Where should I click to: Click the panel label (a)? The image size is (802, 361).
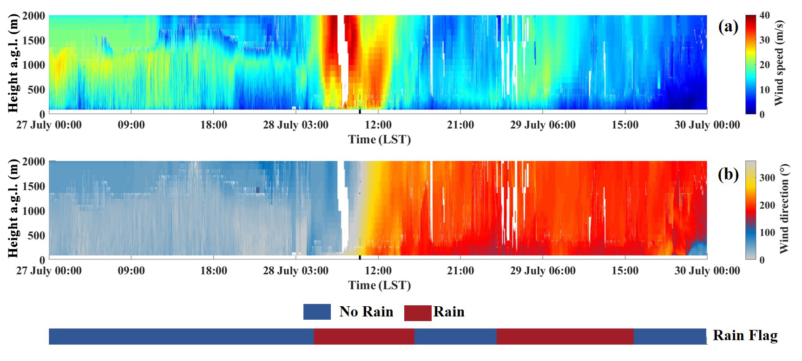[728, 26]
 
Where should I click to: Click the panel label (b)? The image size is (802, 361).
[728, 174]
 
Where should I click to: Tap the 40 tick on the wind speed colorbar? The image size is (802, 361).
[764, 15]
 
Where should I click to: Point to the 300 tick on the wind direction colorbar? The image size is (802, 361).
[767, 178]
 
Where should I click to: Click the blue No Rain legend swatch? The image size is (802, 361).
[317, 312]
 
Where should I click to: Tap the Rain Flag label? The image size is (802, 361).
[745, 335]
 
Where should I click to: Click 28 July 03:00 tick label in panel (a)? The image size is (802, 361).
[296, 125]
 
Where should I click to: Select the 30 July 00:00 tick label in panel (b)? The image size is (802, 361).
[707, 271]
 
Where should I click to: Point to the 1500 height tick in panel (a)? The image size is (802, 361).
[34, 40]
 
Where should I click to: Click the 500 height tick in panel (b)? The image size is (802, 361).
[37, 235]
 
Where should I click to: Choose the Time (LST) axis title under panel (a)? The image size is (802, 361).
[380, 140]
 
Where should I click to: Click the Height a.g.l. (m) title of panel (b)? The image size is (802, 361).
[13, 208]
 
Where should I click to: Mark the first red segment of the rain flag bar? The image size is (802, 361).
[364, 336]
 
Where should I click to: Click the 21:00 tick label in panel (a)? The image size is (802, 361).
[460, 125]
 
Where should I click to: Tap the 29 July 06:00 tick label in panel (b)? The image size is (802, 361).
[543, 271]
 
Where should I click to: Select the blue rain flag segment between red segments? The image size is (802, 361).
[455, 336]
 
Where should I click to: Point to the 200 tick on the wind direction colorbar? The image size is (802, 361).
[767, 205]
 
